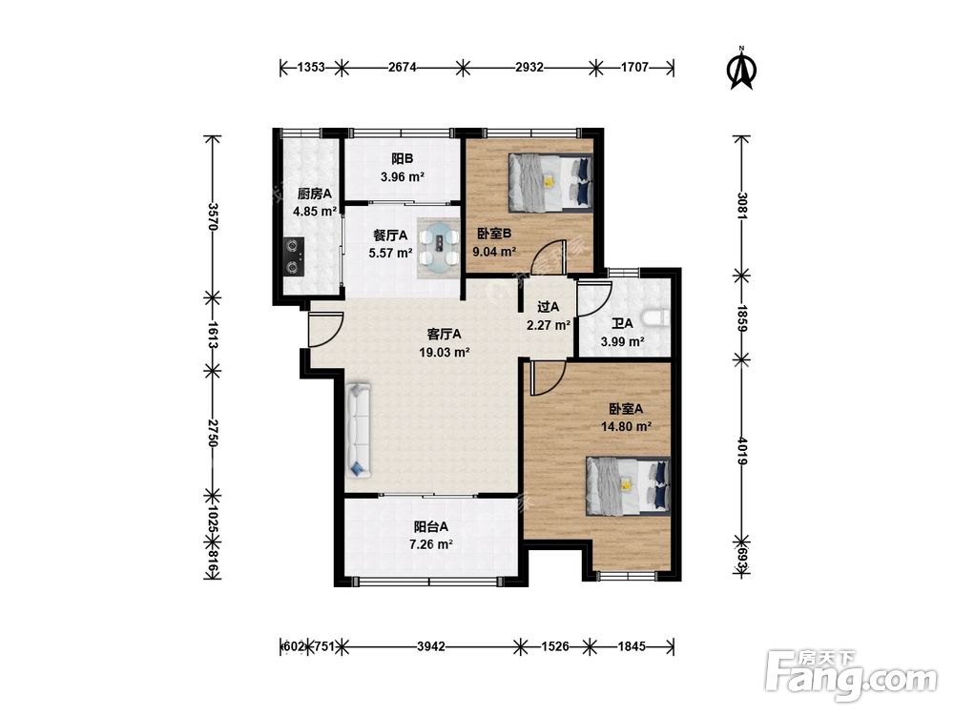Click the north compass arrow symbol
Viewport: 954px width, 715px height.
[x=741, y=68]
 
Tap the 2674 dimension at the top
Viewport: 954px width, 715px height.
[x=403, y=68]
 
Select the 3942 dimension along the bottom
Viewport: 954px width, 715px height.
[x=431, y=646]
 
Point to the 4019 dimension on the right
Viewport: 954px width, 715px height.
[x=741, y=451]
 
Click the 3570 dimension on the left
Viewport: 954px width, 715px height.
[x=213, y=215]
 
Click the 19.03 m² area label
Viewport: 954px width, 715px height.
[x=445, y=352]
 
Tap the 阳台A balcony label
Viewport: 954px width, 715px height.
[x=431, y=526]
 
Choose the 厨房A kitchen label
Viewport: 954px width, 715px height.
[x=315, y=194]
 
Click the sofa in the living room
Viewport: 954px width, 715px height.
[x=359, y=429]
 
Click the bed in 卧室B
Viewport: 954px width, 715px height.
[x=550, y=182]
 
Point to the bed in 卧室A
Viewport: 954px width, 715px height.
[x=628, y=486]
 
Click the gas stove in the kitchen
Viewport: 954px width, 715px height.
[x=295, y=255]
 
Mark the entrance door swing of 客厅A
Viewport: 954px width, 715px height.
[x=324, y=330]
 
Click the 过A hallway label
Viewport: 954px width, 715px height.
[x=549, y=307]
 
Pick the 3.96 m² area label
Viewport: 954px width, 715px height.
[x=403, y=177]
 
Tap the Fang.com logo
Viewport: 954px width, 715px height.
[x=851, y=675]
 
